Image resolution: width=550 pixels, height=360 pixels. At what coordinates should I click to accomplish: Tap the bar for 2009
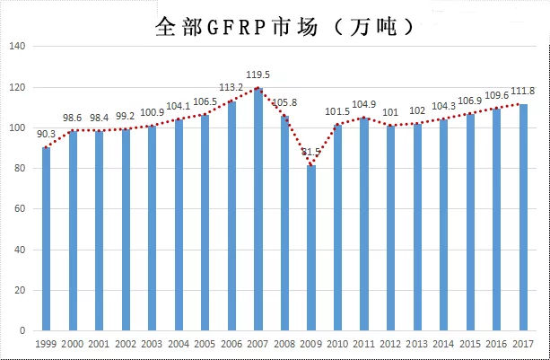tap(312, 248)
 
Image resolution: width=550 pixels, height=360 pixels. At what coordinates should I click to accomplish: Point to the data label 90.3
tap(47, 135)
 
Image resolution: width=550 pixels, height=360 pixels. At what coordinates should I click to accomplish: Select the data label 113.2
tap(231, 88)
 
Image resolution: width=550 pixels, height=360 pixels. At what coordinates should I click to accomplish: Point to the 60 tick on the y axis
tap(23, 209)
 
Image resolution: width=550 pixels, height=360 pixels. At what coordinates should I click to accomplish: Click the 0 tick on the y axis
tap(27, 331)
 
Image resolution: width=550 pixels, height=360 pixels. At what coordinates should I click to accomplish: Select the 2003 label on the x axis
tap(152, 345)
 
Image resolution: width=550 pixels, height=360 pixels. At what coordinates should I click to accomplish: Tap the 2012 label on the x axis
tap(390, 345)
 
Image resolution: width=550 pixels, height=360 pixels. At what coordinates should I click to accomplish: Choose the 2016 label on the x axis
tap(496, 345)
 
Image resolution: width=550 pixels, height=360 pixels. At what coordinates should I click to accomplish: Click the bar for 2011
tap(364, 224)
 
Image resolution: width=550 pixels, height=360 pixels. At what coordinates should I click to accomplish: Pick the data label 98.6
tap(74, 118)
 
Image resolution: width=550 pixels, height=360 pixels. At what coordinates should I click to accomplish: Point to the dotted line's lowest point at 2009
tap(312, 165)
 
